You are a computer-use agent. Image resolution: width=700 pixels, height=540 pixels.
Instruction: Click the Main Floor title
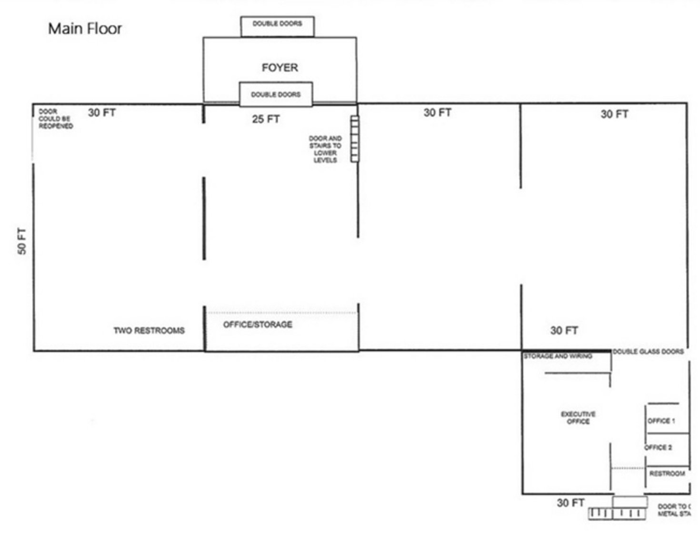point(85,29)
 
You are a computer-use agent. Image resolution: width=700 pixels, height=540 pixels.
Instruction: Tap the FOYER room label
point(280,68)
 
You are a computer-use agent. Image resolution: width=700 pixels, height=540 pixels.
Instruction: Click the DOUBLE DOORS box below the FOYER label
point(276,94)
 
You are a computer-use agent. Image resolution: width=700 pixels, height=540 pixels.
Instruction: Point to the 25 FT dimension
point(266,119)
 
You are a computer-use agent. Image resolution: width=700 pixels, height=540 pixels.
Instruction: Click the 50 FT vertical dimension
point(22,241)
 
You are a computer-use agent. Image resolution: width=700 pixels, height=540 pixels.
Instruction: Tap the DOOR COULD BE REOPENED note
point(56,118)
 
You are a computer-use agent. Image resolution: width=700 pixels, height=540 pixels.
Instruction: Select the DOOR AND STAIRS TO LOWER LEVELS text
point(325,149)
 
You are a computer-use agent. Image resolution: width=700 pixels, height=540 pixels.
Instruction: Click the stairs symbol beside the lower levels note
point(355,138)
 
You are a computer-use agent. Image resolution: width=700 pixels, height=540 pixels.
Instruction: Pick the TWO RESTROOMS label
point(149,330)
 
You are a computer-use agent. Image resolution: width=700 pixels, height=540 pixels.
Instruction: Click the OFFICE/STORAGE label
point(258,324)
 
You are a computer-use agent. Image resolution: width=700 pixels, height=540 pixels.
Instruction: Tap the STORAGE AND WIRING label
point(558,356)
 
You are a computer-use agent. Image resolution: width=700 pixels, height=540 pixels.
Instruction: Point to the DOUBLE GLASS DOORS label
point(648,352)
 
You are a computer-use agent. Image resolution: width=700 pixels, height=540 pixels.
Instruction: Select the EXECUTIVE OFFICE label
point(578,417)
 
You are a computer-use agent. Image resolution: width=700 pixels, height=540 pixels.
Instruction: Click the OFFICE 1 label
point(661,421)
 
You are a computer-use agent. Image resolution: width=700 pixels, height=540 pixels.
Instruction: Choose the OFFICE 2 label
point(659,447)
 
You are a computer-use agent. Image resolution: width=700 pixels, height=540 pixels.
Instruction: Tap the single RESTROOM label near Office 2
point(667,473)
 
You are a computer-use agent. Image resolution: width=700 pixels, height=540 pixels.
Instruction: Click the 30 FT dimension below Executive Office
point(570,502)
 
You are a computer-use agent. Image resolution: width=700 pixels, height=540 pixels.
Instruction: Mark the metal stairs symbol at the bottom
point(617,513)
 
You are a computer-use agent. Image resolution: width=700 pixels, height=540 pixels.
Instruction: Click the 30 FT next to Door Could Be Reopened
point(102,113)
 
